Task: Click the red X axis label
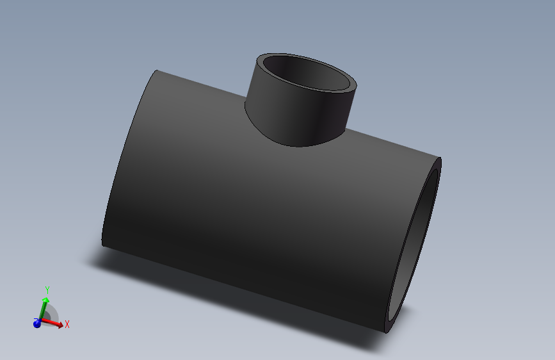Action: (x=67, y=324)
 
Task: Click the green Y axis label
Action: (x=47, y=291)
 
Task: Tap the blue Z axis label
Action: (x=35, y=320)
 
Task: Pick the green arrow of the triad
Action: (x=43, y=309)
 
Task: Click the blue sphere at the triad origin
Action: (x=37, y=324)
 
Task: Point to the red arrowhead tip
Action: (x=63, y=326)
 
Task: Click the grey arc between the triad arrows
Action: (x=52, y=313)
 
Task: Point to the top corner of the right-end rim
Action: (x=440, y=159)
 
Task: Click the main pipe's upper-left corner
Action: (x=156, y=71)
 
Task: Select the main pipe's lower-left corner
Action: (x=103, y=243)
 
